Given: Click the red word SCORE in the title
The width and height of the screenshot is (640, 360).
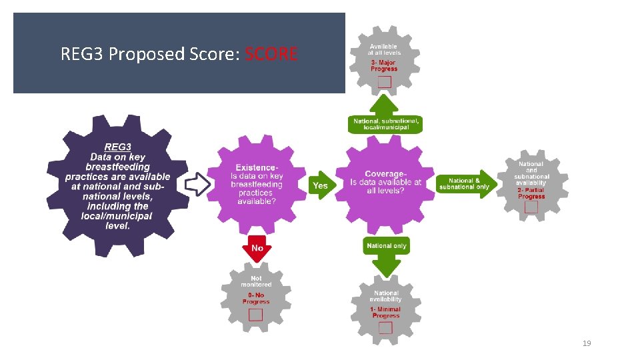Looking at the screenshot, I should (271, 54).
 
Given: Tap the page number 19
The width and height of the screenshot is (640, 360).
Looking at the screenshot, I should (587, 343).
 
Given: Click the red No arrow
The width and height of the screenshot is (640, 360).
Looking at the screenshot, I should (257, 248).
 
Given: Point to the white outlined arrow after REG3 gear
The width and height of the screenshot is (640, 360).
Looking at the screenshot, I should (197, 184).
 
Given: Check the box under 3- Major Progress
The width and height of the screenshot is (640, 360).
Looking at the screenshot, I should (385, 82).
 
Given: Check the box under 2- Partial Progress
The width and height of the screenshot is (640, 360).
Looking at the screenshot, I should (531, 207).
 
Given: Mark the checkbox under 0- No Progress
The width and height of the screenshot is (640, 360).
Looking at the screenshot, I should (256, 314).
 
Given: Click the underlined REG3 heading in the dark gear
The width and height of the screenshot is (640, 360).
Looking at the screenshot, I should (117, 147).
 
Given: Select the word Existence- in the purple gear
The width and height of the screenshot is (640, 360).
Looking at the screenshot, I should (257, 167).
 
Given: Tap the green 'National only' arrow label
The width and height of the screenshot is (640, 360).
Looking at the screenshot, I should (386, 246).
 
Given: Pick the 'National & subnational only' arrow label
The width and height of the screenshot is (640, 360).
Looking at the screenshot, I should (464, 183).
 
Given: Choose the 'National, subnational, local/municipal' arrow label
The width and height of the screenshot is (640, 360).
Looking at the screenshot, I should (386, 124).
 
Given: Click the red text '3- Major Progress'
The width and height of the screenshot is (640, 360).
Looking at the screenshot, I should (384, 65).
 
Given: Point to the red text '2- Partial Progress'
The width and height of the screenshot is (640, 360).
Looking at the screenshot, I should (531, 193).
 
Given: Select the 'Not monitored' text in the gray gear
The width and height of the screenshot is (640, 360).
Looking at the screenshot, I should (256, 281).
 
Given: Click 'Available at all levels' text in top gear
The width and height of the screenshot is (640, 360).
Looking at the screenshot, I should (385, 49).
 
